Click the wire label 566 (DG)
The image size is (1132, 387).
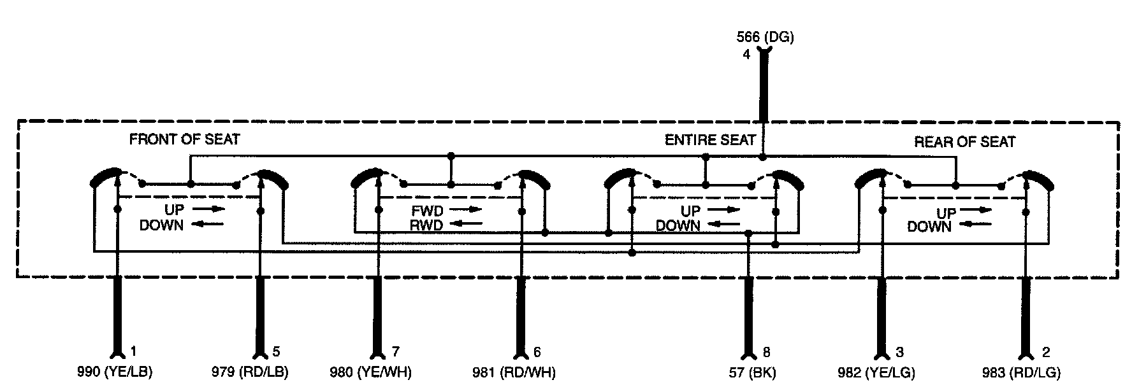[x=765, y=37]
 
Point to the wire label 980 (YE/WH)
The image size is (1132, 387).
[x=370, y=372]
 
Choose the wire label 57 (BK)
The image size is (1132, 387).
[x=752, y=372]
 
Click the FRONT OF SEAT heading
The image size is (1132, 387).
[x=184, y=139]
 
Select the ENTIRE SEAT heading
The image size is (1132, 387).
[x=710, y=140]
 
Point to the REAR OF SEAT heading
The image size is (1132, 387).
[x=964, y=142]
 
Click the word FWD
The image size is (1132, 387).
[x=426, y=210]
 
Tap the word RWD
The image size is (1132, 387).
[x=426, y=224]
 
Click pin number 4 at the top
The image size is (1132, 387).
[x=746, y=55]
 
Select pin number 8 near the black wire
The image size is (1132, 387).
[x=766, y=352]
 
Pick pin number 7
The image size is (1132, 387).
[x=396, y=352]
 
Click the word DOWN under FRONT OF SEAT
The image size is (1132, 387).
[x=161, y=225]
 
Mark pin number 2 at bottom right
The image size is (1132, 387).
[x=1046, y=352]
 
